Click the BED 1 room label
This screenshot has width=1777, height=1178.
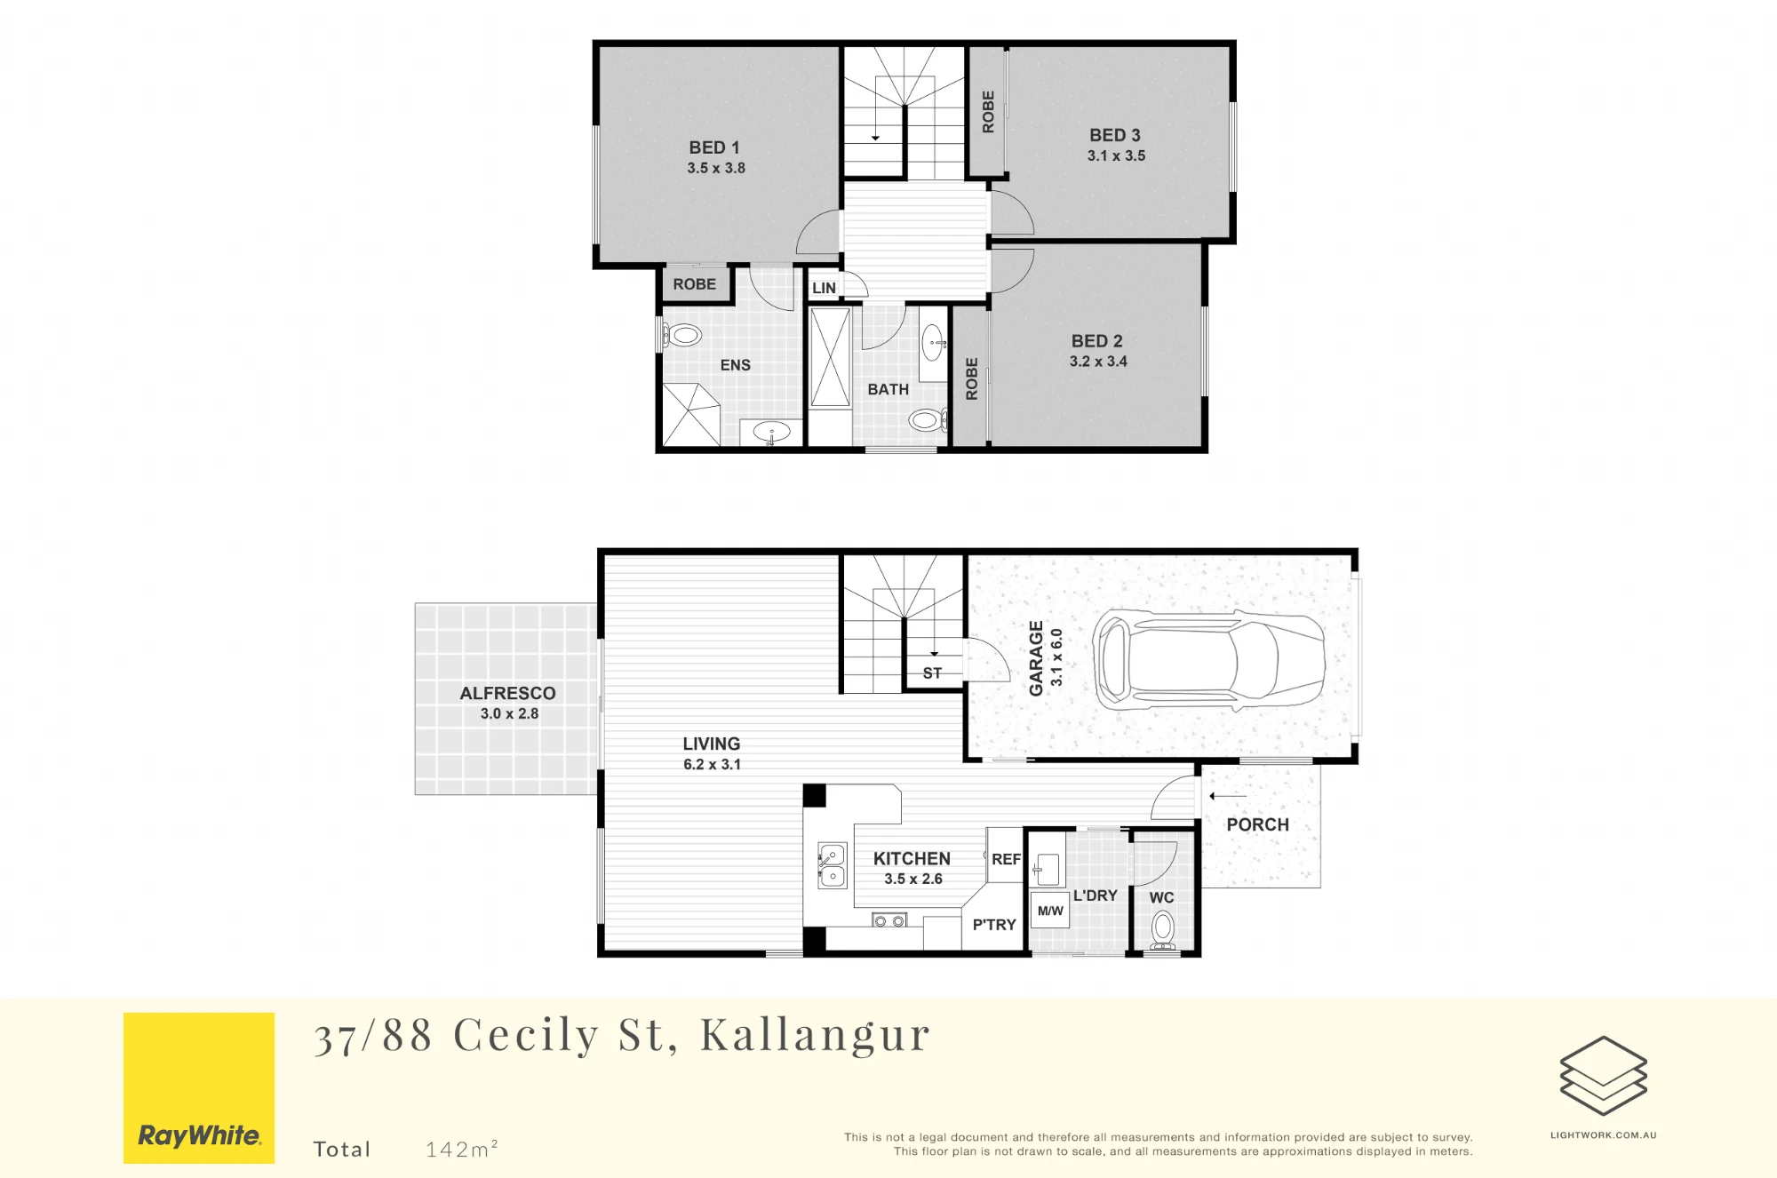click(x=714, y=147)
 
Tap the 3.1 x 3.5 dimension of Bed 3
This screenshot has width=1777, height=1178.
click(x=1116, y=155)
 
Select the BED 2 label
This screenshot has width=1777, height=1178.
click(x=1097, y=341)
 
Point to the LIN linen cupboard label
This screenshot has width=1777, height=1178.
click(x=824, y=288)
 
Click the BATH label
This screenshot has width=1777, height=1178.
click(x=888, y=389)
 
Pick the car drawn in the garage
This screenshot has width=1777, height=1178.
click(x=1208, y=660)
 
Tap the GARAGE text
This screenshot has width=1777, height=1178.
click(x=1036, y=658)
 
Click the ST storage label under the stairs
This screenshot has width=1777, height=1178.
click(x=932, y=673)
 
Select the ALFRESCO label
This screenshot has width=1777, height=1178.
click(x=507, y=693)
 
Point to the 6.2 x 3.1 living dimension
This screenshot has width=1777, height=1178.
click(x=712, y=764)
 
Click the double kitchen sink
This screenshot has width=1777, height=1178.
click(x=832, y=866)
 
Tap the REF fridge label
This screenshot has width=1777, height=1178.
click(x=1006, y=859)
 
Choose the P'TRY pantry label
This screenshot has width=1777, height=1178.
click(x=994, y=925)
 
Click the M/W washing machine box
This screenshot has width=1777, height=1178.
click(x=1050, y=911)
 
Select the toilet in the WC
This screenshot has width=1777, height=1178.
click(x=1163, y=930)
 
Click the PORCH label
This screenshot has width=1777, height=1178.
click(x=1257, y=824)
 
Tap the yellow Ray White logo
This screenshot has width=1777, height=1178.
click(x=199, y=1087)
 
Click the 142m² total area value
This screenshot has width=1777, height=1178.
click(x=461, y=1149)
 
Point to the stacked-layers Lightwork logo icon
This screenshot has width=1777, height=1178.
click(x=1604, y=1076)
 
